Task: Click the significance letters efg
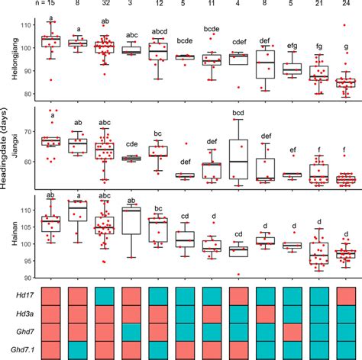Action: pyautogui.click(x=293, y=46)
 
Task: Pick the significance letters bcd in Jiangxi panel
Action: pyautogui.click(x=238, y=114)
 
